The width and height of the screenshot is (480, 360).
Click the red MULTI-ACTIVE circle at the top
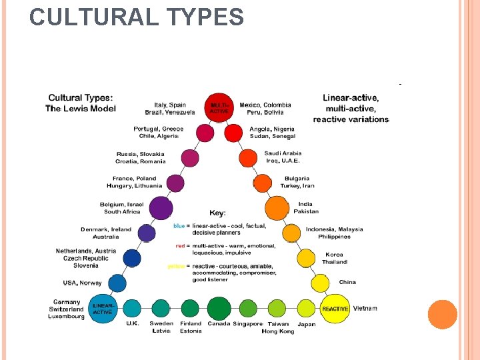pyautogui.click(x=219, y=108)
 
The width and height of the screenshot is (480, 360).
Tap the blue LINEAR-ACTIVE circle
pyautogui.click(x=103, y=308)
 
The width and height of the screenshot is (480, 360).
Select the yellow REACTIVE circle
pyautogui.click(x=335, y=308)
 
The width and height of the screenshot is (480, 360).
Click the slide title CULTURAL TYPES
pyautogui.click(x=137, y=17)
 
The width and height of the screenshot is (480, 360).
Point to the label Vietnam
pyautogui.click(x=365, y=308)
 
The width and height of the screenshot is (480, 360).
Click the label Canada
pyautogui.click(x=219, y=324)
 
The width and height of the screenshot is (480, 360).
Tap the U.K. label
pyautogui.click(x=133, y=324)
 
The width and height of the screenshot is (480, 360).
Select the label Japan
pyautogui.click(x=307, y=325)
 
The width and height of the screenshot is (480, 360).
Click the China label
pyautogui.click(x=347, y=282)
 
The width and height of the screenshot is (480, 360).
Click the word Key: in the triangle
pyautogui.click(x=218, y=213)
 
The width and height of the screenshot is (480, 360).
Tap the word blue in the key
pyautogui.click(x=179, y=226)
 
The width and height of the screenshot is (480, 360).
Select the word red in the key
pyautogui.click(x=179, y=246)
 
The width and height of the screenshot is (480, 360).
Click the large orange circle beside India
pyautogui.click(x=277, y=208)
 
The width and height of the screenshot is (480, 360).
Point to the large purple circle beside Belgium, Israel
pyautogui.click(x=161, y=208)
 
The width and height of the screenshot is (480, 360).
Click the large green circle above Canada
pyautogui.click(x=219, y=307)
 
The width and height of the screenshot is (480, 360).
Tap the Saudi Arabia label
pyautogui.click(x=283, y=153)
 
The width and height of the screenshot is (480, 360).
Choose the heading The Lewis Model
pyautogui.click(x=81, y=109)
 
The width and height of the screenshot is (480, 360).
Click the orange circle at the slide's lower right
pyautogui.click(x=443, y=314)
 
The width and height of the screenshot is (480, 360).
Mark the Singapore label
pyautogui.click(x=247, y=324)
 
